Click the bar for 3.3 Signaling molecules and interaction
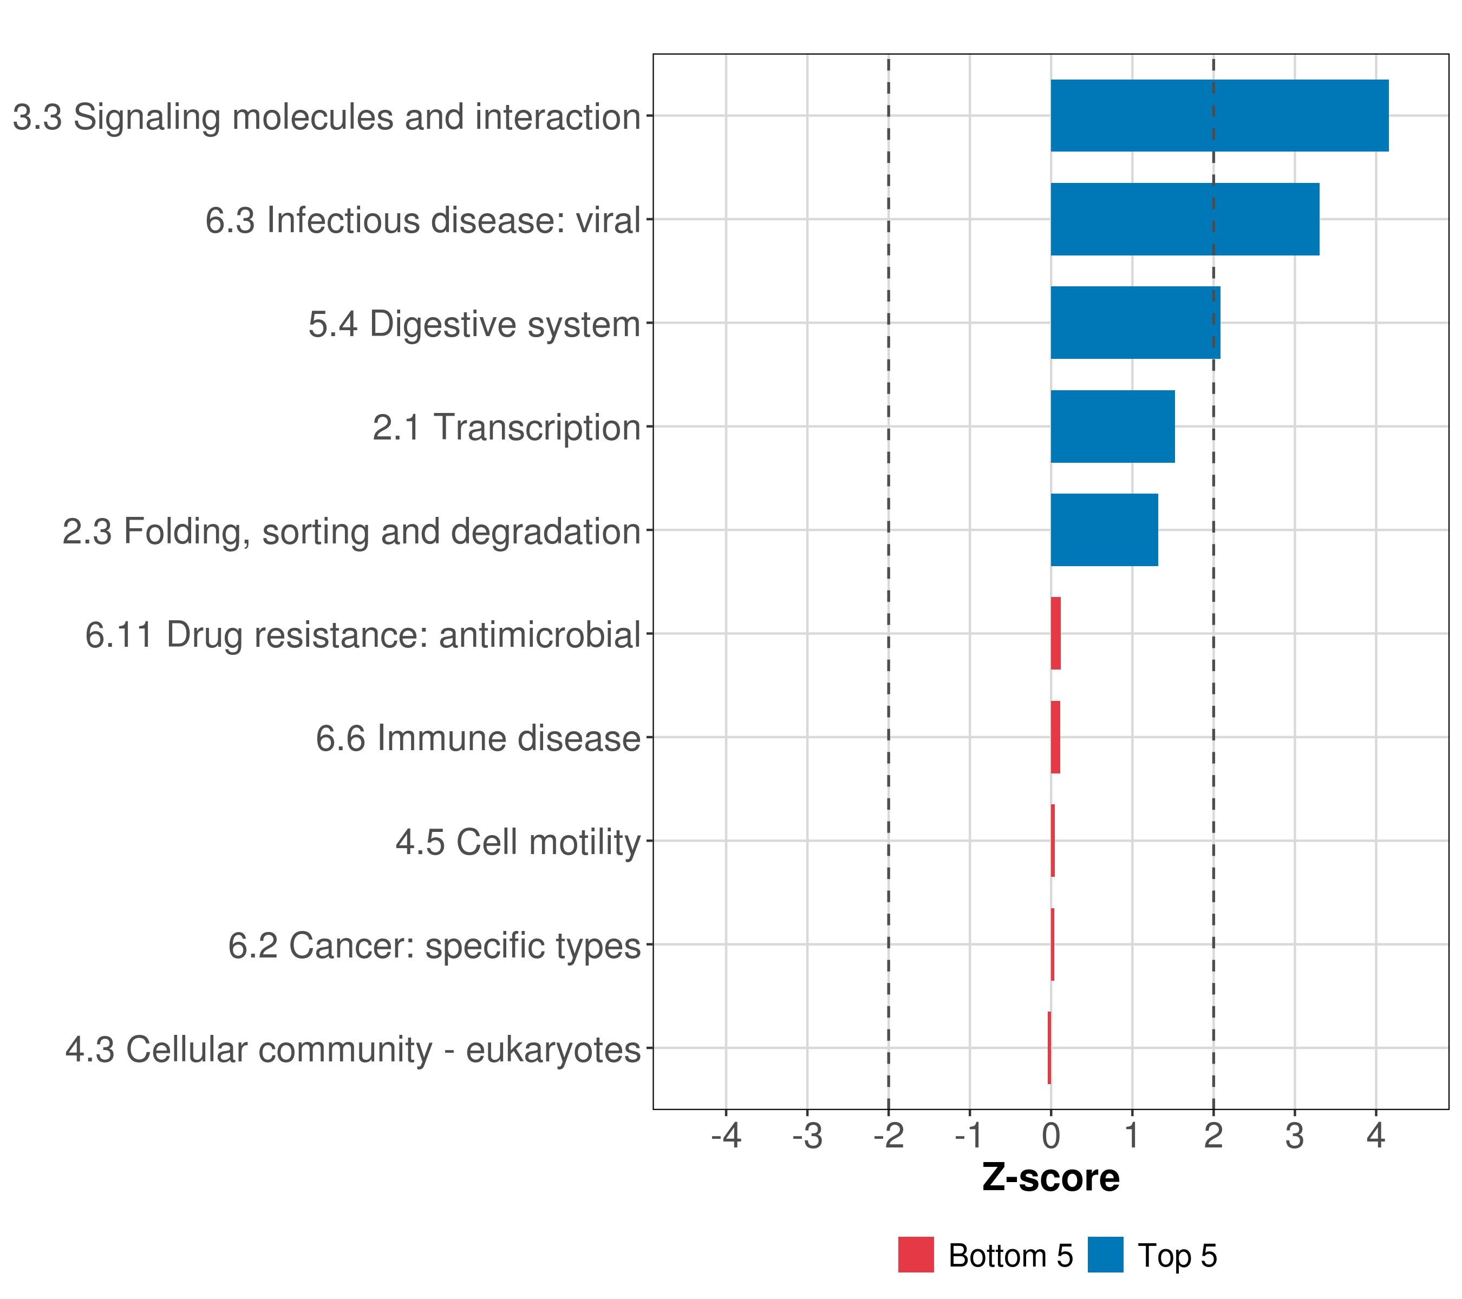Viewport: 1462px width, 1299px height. (x=1219, y=116)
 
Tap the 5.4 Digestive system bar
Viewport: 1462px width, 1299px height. (x=1135, y=323)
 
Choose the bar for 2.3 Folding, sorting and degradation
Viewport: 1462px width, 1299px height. (x=1104, y=530)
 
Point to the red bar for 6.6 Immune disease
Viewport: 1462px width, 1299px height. (x=1055, y=737)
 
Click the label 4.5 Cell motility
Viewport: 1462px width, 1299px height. (x=518, y=842)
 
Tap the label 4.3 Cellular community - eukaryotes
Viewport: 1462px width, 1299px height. (x=353, y=1049)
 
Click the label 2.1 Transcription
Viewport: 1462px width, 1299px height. (x=506, y=428)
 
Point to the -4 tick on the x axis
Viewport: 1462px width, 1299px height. (x=726, y=1136)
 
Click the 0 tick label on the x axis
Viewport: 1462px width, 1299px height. (x=1050, y=1136)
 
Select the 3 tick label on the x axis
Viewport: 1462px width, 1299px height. (x=1295, y=1136)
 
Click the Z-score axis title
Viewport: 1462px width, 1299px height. (x=1050, y=1177)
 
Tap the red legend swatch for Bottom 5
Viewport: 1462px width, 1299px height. (x=916, y=1255)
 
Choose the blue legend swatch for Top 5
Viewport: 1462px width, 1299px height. (x=1106, y=1255)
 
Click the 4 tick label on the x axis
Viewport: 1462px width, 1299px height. (x=1375, y=1136)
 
